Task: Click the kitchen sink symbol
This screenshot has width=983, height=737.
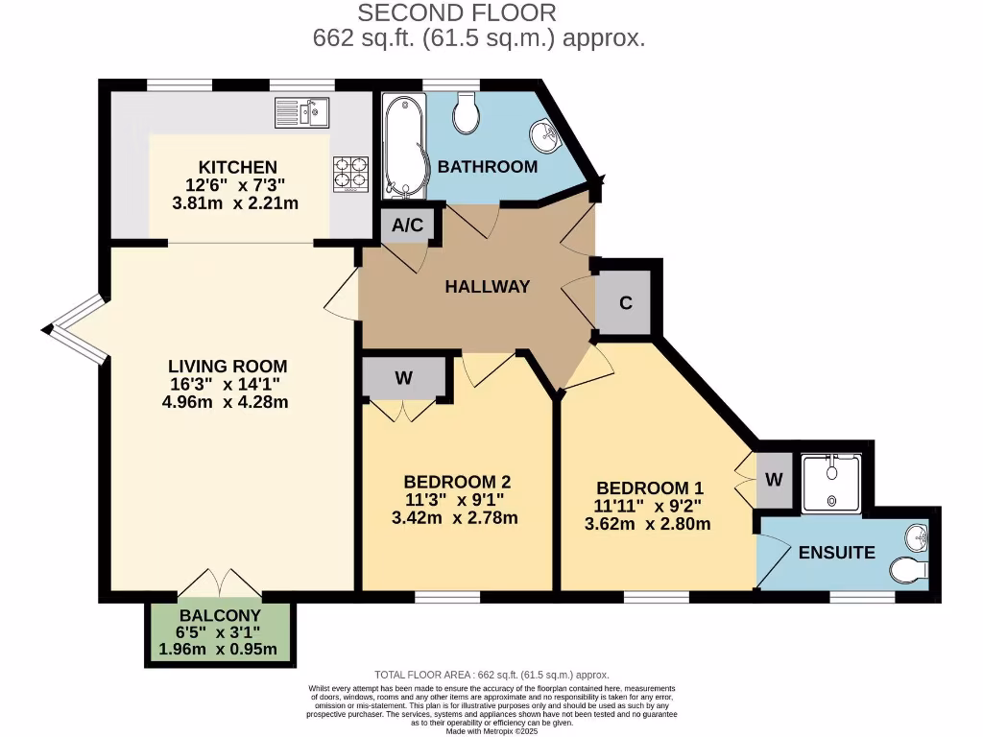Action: point(301,112)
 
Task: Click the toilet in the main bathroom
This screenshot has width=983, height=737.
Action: point(468,113)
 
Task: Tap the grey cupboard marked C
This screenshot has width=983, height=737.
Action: point(625,303)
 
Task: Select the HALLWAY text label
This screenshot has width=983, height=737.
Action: point(487,286)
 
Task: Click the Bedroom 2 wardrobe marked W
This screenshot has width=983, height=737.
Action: point(404,378)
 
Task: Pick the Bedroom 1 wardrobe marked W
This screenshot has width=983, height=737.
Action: point(774,479)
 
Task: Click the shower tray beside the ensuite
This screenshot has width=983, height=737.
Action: point(832,483)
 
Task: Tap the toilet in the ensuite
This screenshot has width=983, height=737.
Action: point(908,572)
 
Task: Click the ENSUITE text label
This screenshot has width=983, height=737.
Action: point(836,553)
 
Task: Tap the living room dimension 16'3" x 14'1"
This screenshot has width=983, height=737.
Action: point(228,384)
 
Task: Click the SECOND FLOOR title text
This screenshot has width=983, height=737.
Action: point(456,13)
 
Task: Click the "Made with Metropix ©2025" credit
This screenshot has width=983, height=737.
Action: point(492,730)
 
